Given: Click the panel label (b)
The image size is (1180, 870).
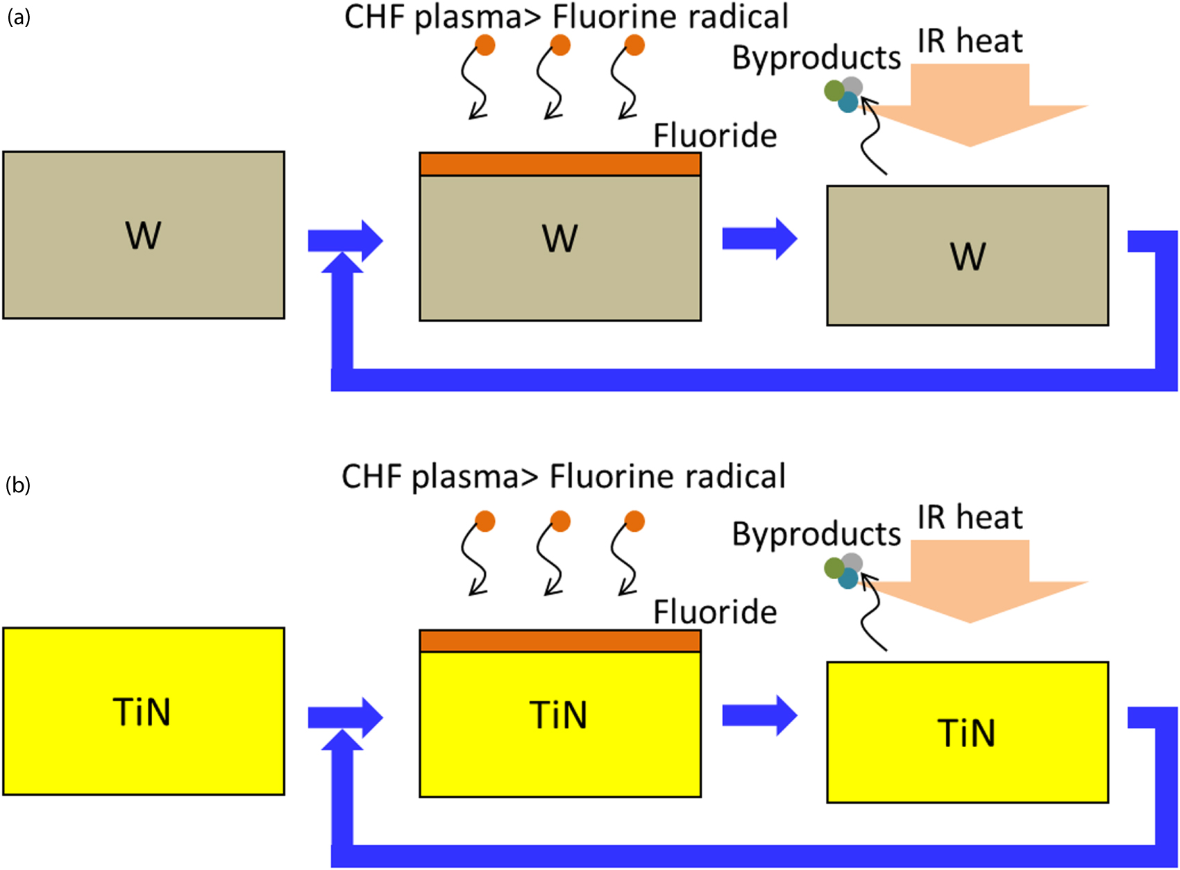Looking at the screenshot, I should pos(19,485).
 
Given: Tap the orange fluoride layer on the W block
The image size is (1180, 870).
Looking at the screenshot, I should pos(559,165).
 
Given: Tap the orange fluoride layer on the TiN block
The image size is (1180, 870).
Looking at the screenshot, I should pos(559,641).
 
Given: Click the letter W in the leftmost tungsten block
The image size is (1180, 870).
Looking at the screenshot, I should pos(143,235).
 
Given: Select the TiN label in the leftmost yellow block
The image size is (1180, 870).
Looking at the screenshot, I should pos(142,712).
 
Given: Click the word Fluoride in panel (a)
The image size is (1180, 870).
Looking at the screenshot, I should pos(714,135).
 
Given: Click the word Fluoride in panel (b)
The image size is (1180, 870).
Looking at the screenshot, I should pos(714,612).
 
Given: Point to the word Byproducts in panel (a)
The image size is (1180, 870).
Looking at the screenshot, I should pos(816,58).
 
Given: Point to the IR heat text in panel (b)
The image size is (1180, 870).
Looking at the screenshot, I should pos(969,518).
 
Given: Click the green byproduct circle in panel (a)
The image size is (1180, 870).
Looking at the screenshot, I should pos(834,90).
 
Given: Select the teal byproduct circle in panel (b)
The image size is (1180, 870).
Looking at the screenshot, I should pos(848,579).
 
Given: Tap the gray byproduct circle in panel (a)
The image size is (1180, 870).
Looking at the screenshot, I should pos(852,86).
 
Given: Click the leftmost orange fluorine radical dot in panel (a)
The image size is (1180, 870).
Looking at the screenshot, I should pos(485,46).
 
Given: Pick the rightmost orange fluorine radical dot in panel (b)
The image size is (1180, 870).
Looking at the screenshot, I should pos(634,521).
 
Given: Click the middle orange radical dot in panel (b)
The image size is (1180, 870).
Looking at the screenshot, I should pos(560,521).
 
